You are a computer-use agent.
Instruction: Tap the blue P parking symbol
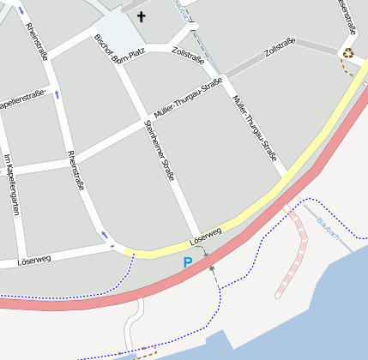(188, 262)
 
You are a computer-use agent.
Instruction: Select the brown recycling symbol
(348, 52)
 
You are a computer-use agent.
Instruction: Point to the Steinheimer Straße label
(160, 150)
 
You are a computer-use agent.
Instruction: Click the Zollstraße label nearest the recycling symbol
(280, 50)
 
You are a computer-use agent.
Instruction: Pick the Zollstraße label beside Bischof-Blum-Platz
(188, 56)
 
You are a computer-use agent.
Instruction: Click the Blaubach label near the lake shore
(328, 227)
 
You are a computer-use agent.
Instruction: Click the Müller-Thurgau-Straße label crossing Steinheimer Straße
(188, 99)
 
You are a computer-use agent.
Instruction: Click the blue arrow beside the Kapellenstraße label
(57, 93)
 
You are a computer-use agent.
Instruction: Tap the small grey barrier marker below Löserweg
(212, 269)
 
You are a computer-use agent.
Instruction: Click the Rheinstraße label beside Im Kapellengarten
(75, 170)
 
